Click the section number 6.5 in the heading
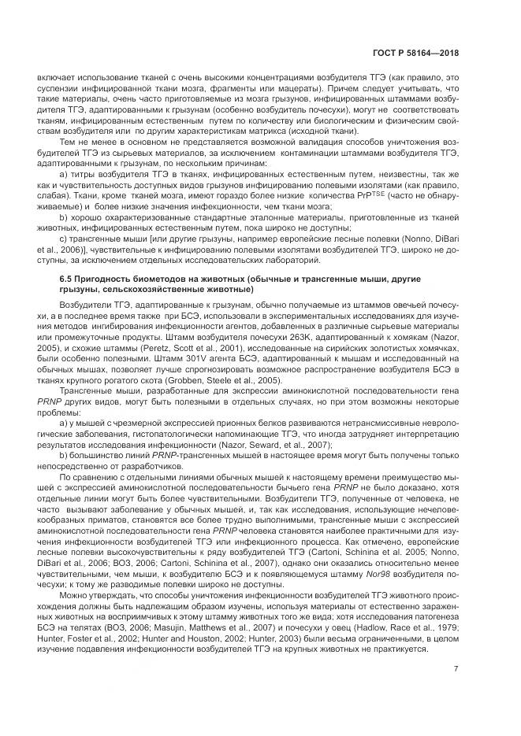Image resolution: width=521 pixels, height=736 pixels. (x=67, y=279)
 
